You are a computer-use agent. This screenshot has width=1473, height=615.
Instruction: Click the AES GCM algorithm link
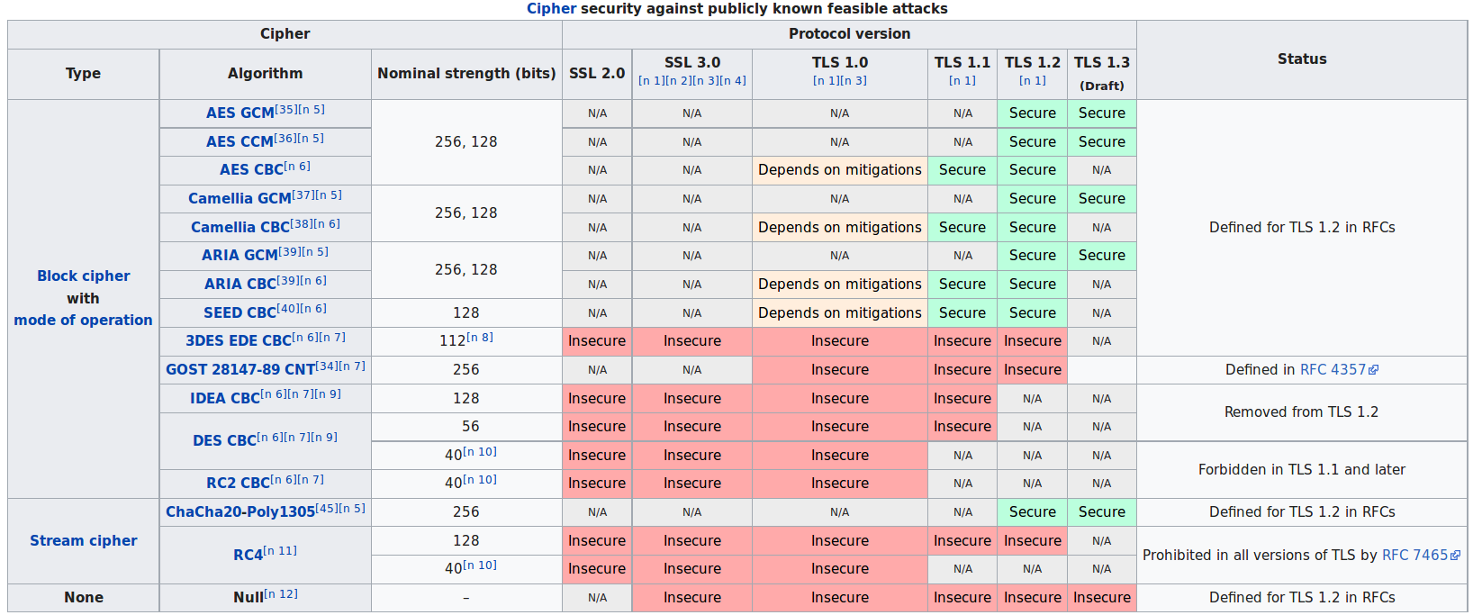239,113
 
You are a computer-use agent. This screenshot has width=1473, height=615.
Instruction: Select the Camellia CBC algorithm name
239,228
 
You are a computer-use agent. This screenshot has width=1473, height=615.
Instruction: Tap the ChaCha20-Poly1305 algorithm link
239,512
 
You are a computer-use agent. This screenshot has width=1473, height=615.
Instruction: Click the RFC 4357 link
1333,370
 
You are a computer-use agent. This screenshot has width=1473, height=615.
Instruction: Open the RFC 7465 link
1414,556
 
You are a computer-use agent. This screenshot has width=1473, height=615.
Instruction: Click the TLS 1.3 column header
1101,63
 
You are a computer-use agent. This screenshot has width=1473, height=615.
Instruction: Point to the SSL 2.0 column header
596,74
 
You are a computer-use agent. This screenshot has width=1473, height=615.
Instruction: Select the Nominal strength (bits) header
466,74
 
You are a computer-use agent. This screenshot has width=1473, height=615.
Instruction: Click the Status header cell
1301,59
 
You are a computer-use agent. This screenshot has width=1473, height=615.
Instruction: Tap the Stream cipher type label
84,541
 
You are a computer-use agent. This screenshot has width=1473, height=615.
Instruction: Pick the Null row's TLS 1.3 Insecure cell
1101,598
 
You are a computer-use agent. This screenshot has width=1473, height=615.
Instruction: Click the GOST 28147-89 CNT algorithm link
239,370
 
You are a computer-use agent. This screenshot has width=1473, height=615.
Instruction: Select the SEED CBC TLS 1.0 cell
839,313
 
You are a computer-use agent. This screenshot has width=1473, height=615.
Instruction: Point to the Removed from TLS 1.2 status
1301,412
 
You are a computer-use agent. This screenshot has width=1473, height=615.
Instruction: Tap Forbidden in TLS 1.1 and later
1301,470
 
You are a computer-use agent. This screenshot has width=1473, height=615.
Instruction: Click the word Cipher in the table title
551,9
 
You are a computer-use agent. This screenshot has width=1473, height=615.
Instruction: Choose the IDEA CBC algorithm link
224,399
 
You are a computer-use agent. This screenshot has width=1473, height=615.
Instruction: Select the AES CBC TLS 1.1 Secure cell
962,170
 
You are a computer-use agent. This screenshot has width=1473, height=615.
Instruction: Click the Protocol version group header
848,34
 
